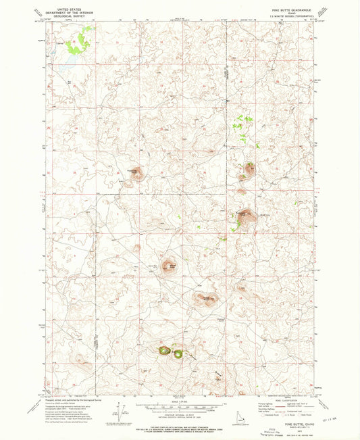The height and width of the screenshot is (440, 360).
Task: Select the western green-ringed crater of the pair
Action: coord(164,351)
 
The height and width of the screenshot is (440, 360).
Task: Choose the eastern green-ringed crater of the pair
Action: coord(178,353)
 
